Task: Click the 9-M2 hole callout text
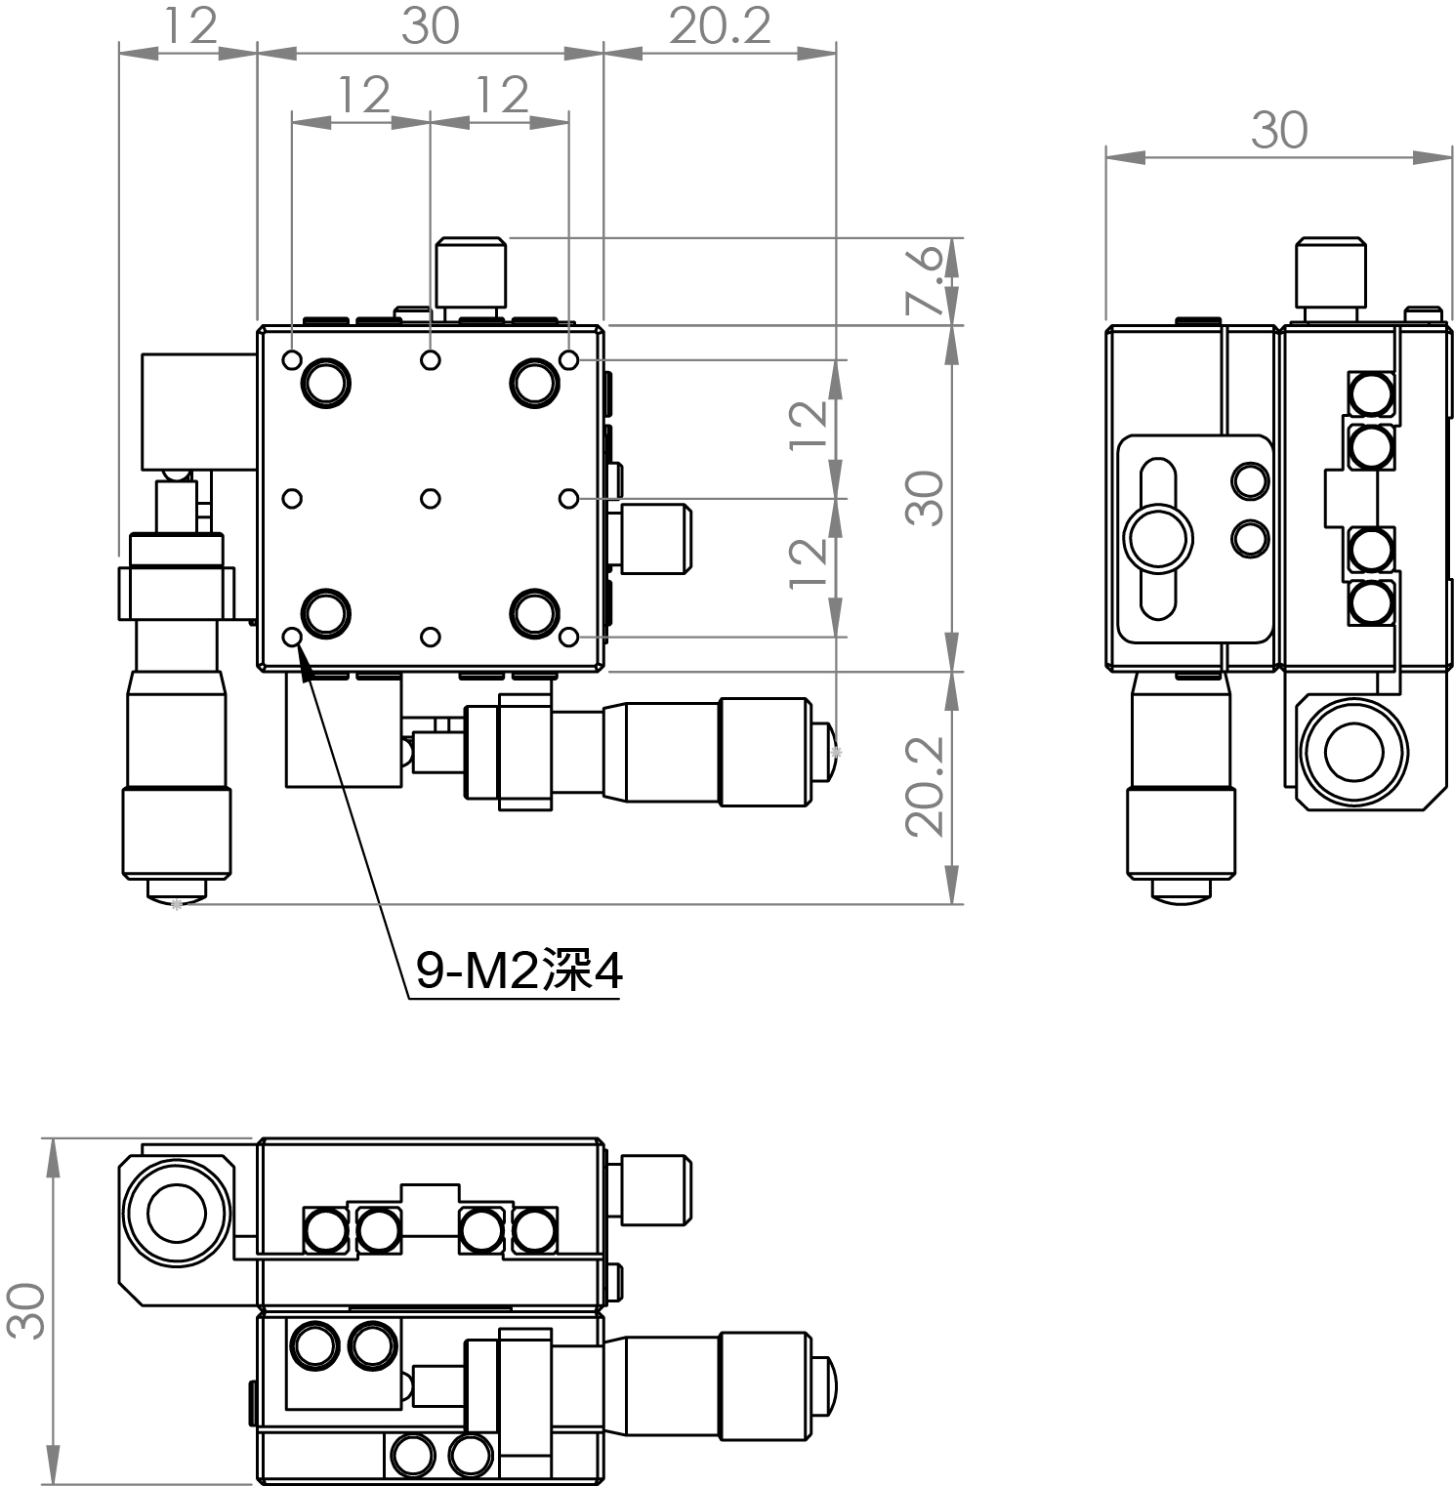(x=518, y=971)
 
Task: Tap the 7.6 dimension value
(x=924, y=280)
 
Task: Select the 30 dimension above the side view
(x=1278, y=131)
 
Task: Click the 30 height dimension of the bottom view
(x=26, y=1310)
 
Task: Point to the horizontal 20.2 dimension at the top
(x=720, y=26)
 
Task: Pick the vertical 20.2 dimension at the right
(x=924, y=786)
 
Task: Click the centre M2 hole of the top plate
(x=430, y=499)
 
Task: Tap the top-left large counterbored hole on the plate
(x=325, y=382)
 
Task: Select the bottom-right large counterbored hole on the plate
(x=534, y=614)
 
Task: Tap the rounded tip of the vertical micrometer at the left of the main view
(x=176, y=890)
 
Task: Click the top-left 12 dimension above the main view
(x=189, y=26)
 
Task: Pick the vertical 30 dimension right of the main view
(x=924, y=499)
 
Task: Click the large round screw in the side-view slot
(x=1158, y=538)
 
